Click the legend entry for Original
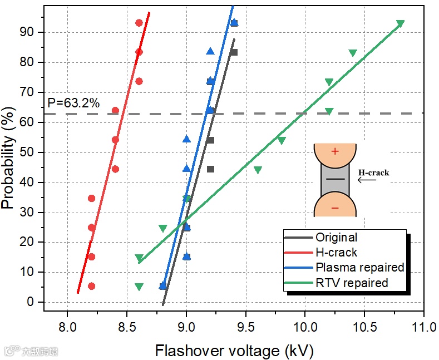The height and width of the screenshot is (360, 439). (336, 238)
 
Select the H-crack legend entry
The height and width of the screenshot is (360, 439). (336, 253)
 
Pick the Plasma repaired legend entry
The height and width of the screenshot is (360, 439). (359, 268)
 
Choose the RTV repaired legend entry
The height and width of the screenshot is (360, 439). (352, 283)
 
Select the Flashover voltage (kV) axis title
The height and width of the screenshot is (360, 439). (234, 351)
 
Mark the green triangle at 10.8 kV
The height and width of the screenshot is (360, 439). (400, 24)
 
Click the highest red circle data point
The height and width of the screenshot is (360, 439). (139, 23)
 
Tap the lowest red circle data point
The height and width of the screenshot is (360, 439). (92, 286)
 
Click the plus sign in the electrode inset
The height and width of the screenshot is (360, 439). (335, 151)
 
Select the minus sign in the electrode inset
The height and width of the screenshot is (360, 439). (335, 208)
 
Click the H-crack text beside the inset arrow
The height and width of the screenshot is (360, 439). (374, 172)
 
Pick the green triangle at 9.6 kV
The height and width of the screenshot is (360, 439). (258, 170)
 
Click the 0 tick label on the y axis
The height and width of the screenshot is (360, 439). (31, 302)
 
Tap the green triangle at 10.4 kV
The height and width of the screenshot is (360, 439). (353, 53)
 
